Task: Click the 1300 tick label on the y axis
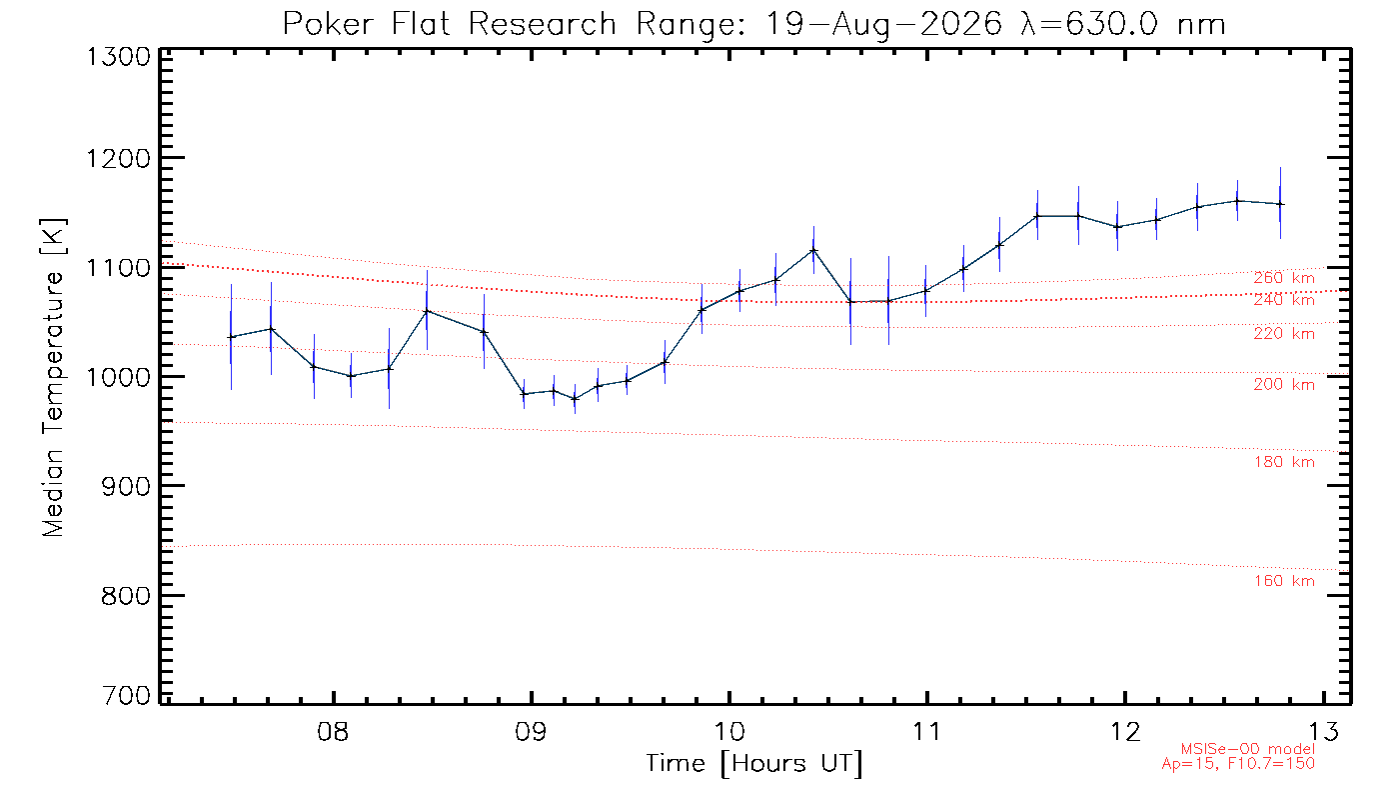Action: pos(118,57)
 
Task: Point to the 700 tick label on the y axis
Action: pos(126,695)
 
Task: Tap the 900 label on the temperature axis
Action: pos(126,486)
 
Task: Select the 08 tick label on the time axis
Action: pos(333,731)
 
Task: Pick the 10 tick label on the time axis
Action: pos(728,731)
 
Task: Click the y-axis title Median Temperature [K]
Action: pos(52,378)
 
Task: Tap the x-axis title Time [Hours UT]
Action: pos(753,764)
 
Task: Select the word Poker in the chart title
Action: pos(329,24)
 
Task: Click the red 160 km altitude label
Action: pos(1284,581)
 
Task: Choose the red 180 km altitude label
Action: pos(1284,462)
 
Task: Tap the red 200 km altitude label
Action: pos(1284,384)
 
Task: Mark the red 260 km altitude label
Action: pos(1284,278)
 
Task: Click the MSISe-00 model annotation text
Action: pos(1248,749)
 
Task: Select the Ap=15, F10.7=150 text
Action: pos(1238,763)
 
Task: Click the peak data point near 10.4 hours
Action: pos(813,250)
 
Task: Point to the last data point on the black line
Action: pos(1280,204)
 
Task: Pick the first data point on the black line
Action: pos(231,337)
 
